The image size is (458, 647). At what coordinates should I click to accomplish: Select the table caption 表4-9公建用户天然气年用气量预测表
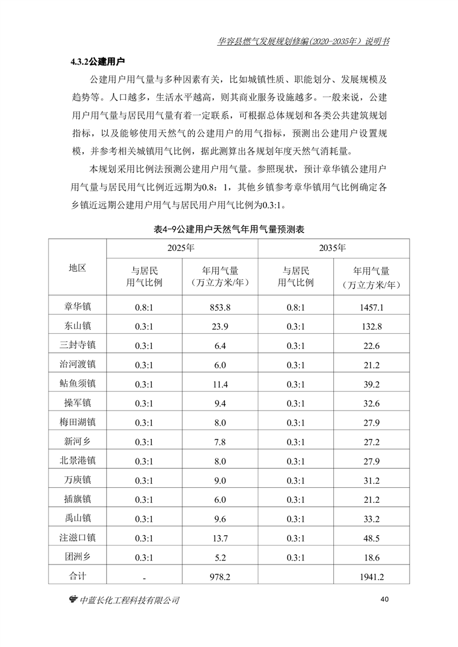click(x=229, y=229)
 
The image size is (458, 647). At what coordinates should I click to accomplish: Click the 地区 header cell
click(x=77, y=268)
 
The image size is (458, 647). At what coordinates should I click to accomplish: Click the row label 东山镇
click(x=77, y=326)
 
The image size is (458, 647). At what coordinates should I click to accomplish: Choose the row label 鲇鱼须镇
click(x=77, y=383)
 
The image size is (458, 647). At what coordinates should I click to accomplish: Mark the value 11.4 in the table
click(x=220, y=383)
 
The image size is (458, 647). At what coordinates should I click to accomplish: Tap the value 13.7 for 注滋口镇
click(x=220, y=538)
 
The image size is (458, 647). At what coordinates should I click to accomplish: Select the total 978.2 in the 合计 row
click(x=220, y=576)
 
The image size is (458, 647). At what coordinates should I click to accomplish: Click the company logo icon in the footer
click(x=73, y=600)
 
